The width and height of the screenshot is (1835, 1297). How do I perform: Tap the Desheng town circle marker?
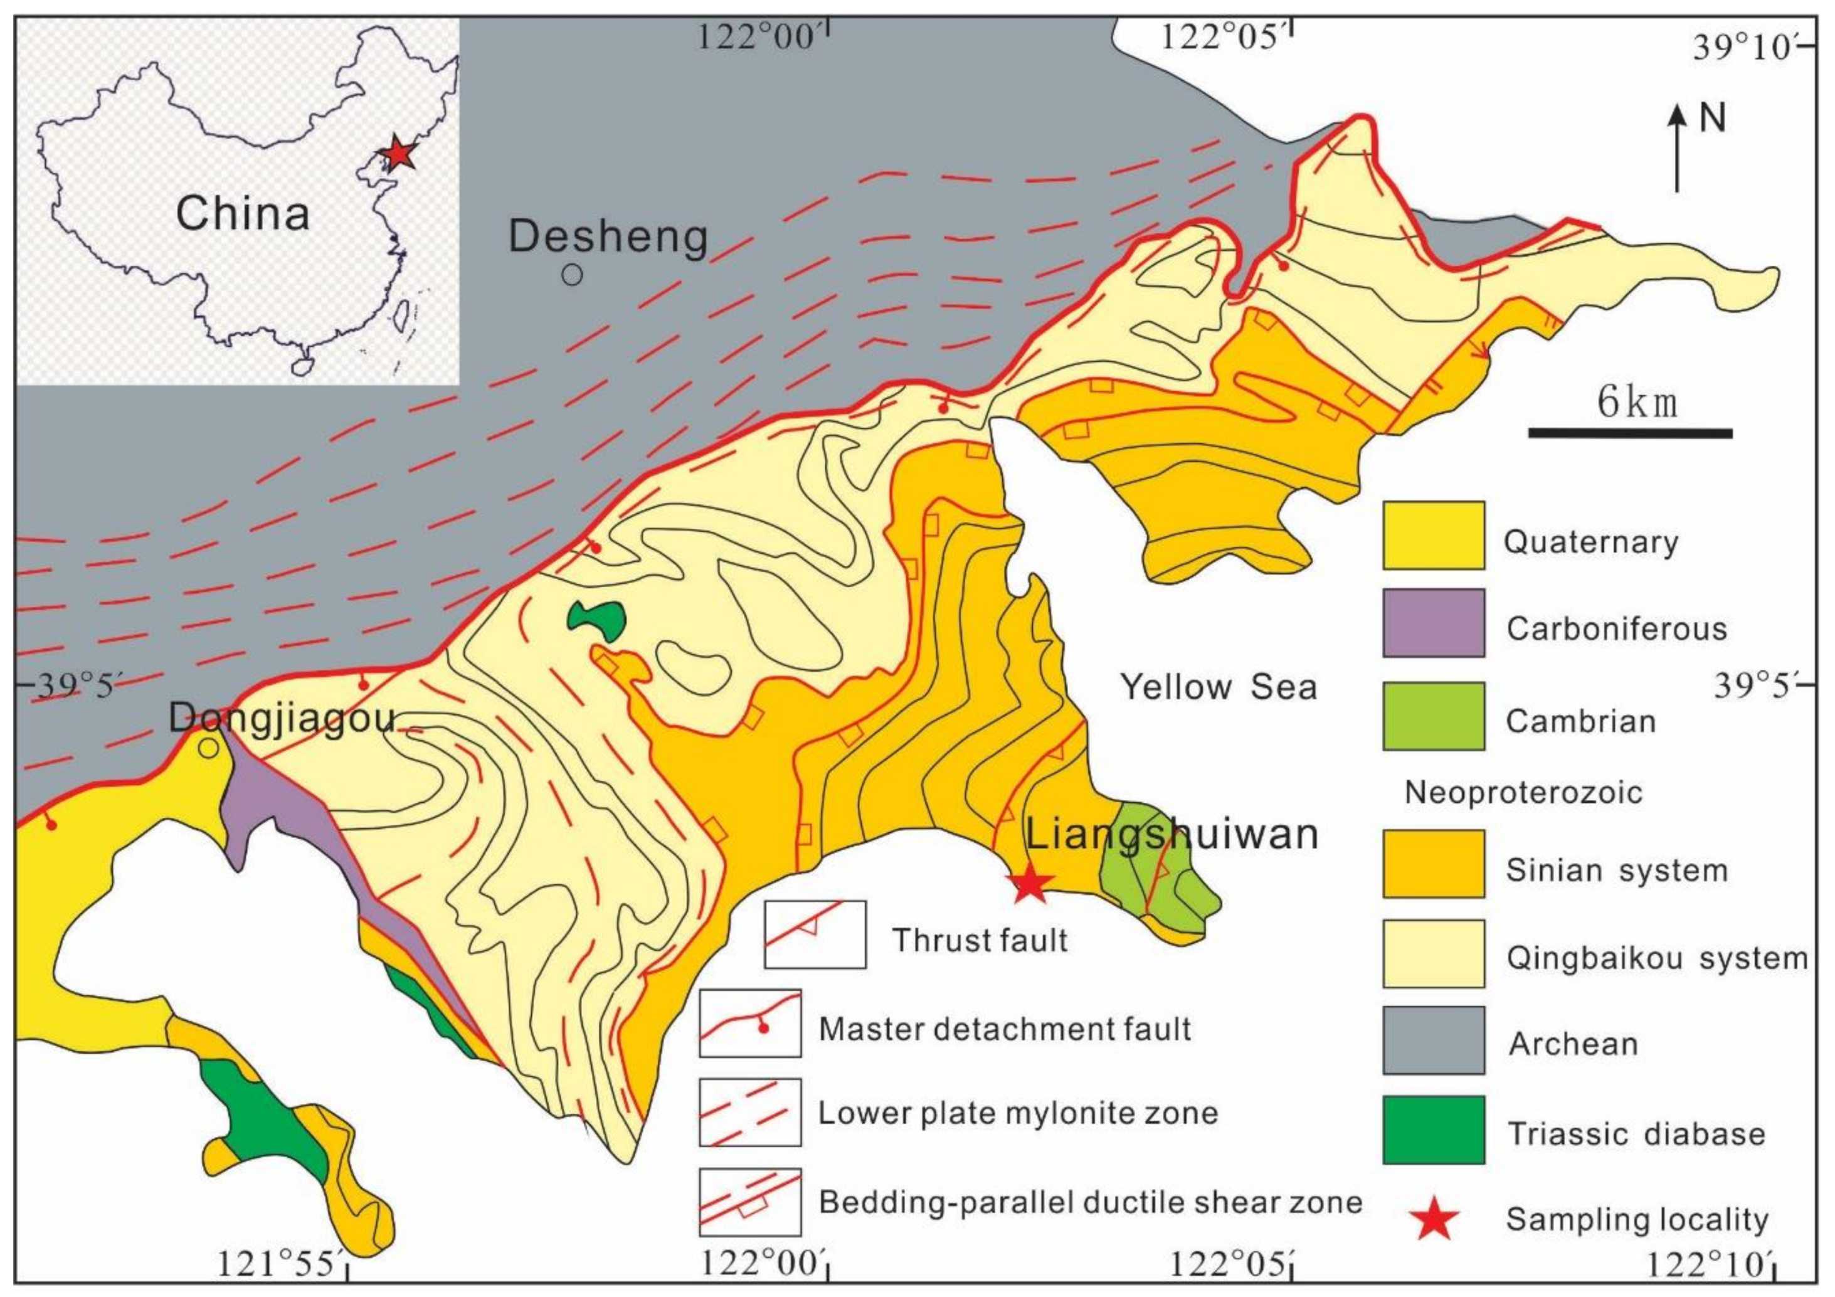571,274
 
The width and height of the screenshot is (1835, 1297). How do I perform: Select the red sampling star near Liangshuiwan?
1029,883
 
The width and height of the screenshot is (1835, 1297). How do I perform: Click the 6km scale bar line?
1631,433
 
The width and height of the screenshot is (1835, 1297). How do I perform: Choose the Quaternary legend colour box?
1434,536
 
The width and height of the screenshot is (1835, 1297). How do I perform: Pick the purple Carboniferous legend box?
1434,623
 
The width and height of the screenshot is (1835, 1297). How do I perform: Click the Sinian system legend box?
1434,864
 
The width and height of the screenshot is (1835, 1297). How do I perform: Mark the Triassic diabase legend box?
1434,1129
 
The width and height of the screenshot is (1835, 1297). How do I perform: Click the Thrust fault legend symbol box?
815,934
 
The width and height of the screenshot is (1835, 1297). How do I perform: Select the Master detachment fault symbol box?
749,1024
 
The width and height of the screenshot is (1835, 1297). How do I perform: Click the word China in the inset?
242,213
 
